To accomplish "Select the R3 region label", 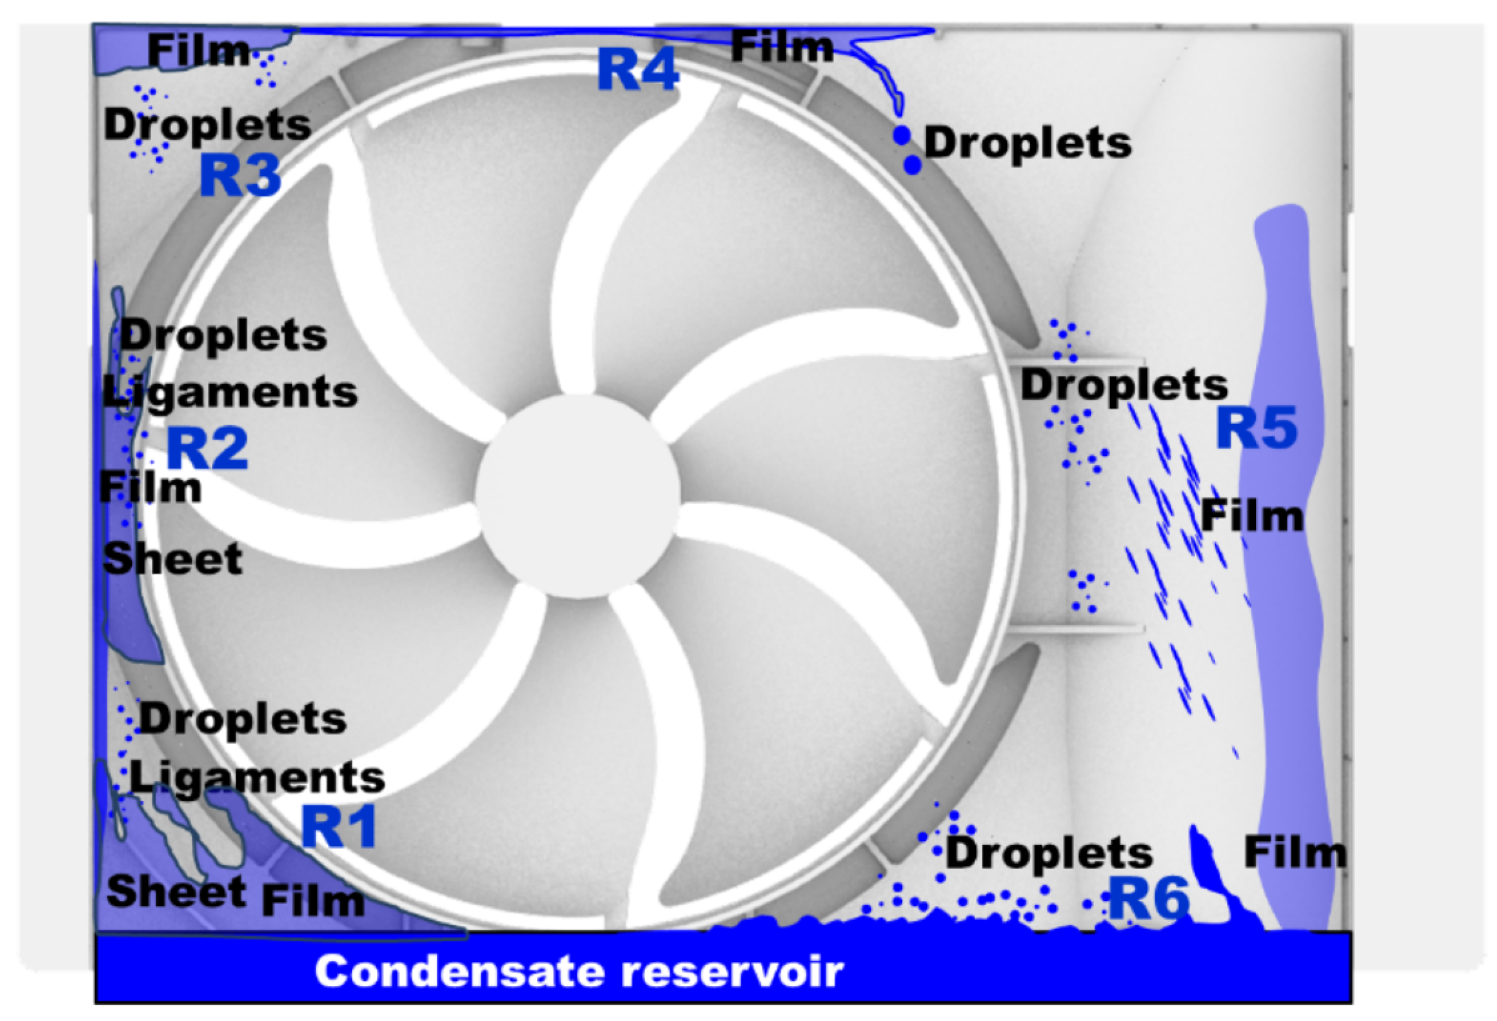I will (x=240, y=175).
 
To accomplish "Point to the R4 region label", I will (x=638, y=70).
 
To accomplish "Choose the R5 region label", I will (x=1256, y=428).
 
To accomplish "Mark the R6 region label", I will (x=1149, y=899).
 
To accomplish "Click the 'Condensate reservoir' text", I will (x=579, y=971).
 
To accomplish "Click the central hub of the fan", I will (x=578, y=497).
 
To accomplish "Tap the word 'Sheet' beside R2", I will (x=172, y=559).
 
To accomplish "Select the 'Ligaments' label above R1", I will (x=258, y=778).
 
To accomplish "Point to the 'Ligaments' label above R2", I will (x=230, y=392).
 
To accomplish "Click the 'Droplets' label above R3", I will (x=207, y=125).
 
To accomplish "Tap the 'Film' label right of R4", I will (x=782, y=47).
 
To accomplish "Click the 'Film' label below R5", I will (x=1252, y=517).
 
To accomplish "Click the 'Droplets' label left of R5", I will (x=1124, y=385).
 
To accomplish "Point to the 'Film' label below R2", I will (x=151, y=488).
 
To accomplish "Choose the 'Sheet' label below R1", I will (x=177, y=892).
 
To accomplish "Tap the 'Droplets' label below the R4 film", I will (x=1027, y=143).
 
